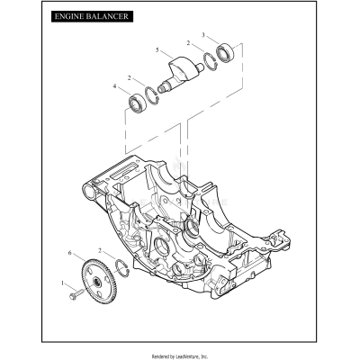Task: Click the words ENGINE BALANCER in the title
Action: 91,17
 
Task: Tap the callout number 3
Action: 203,36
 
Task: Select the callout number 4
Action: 114,87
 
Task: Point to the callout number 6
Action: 71,256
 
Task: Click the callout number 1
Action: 62,283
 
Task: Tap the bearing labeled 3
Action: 224,51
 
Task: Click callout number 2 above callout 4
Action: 131,78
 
